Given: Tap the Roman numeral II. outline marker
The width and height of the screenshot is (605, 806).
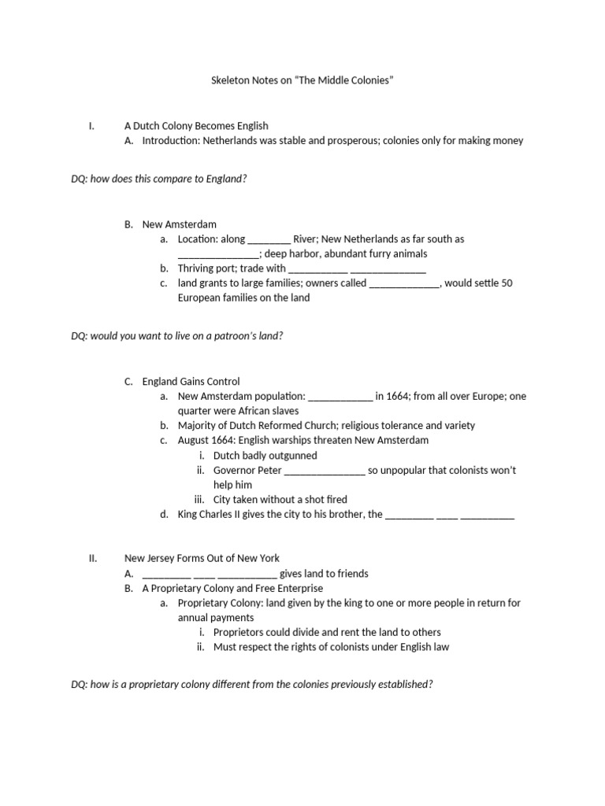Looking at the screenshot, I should coord(93,559).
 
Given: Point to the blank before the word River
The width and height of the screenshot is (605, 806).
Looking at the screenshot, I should coord(269,239).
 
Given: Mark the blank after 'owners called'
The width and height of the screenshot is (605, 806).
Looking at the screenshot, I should coord(404,283).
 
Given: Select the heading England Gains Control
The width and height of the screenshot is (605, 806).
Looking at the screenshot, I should coord(191,382).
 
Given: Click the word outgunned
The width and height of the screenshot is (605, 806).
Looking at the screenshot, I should coord(288,456).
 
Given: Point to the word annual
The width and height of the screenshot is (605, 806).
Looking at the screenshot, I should coord(194,618).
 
